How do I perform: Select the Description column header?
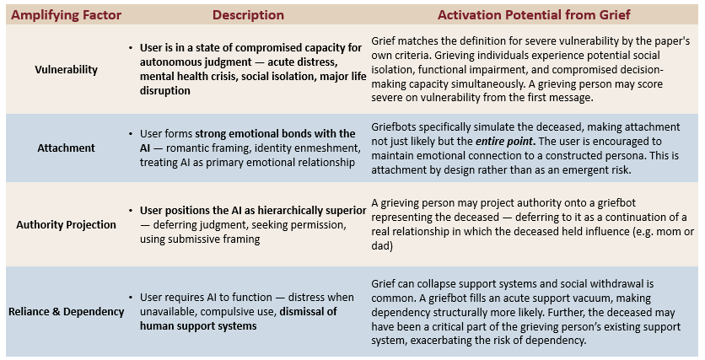[x=248, y=15]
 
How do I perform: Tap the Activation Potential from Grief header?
[x=535, y=15]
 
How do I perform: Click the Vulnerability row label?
[x=65, y=69]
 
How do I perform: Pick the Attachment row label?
[x=65, y=148]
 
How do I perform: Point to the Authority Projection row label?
[x=66, y=224]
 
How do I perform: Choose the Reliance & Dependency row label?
[x=65, y=311]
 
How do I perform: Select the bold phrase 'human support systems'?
[x=198, y=325]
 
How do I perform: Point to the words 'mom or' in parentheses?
[x=678, y=231]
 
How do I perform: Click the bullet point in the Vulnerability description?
[x=132, y=48]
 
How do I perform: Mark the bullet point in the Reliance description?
[x=132, y=298]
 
